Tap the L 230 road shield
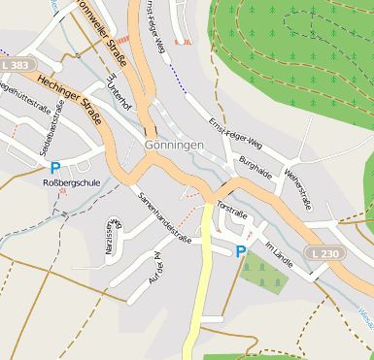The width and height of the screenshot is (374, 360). pyautogui.click(x=327, y=252)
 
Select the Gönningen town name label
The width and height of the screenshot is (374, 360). pyautogui.click(x=174, y=145)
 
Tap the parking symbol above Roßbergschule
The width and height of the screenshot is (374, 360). pyautogui.click(x=54, y=167)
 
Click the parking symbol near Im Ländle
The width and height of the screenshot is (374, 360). pyautogui.click(x=241, y=251)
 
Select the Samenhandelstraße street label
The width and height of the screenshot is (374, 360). pyautogui.click(x=163, y=215)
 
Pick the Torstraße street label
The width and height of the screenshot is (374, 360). pyautogui.click(x=234, y=210)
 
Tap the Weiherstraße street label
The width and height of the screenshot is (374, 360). pyautogui.click(x=296, y=187)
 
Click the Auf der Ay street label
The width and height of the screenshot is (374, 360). pyautogui.click(x=154, y=266)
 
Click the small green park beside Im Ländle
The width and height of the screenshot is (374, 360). pyautogui.click(x=263, y=274)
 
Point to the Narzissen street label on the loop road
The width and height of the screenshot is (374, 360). pyautogui.click(x=110, y=238)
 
